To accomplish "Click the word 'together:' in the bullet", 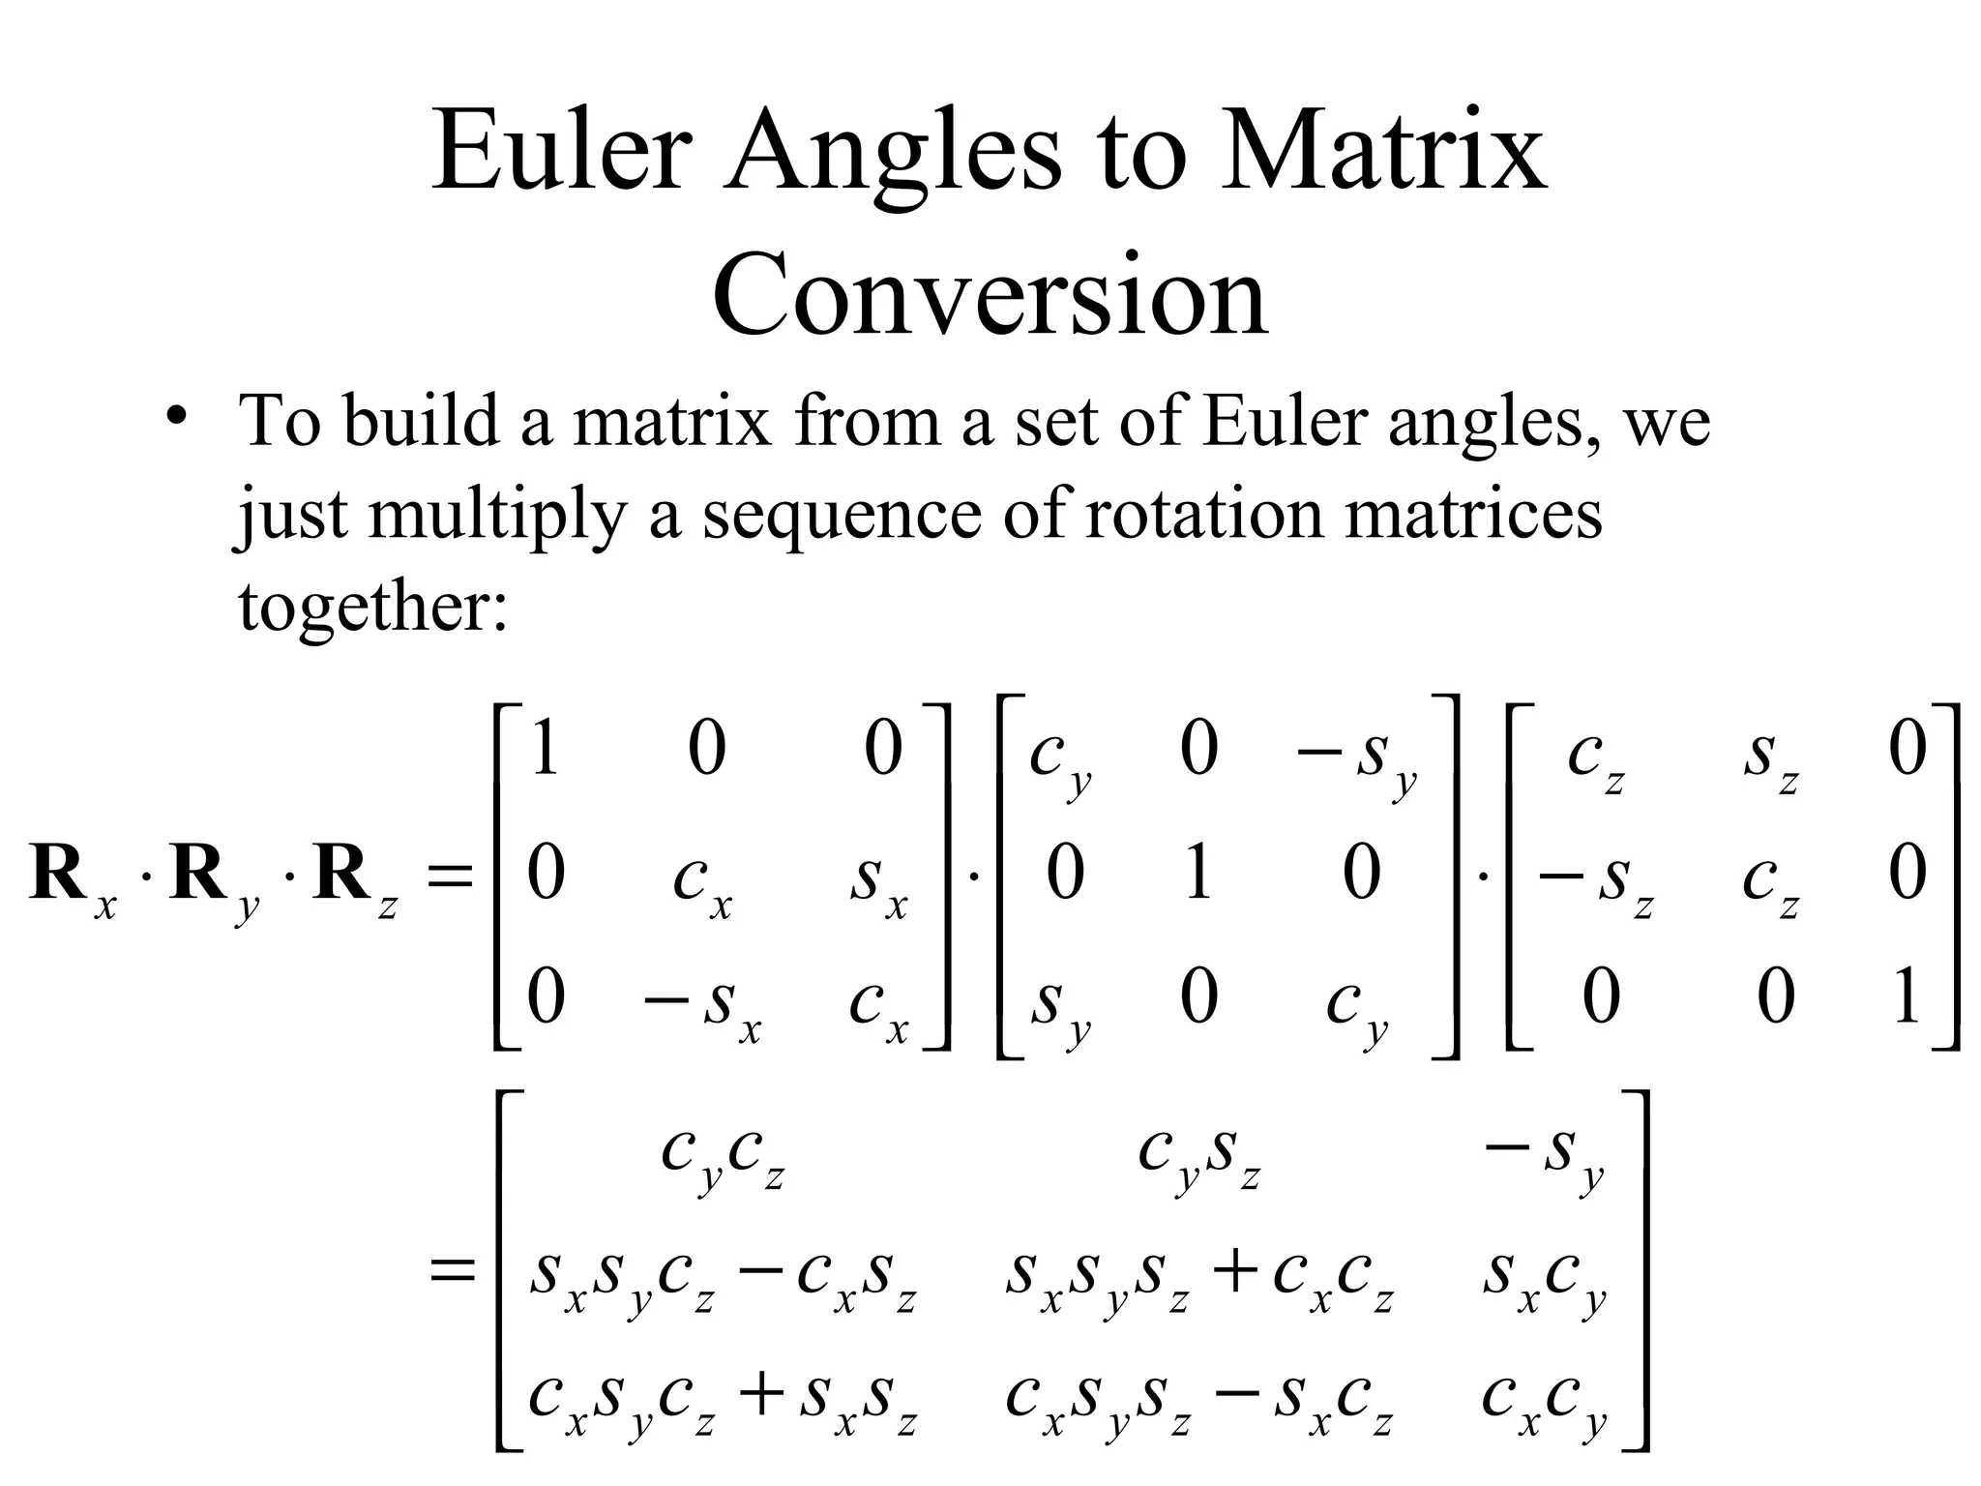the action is coord(372,608).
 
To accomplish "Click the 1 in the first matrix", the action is coord(545,750).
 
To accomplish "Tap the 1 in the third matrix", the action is coord(1906,997).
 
